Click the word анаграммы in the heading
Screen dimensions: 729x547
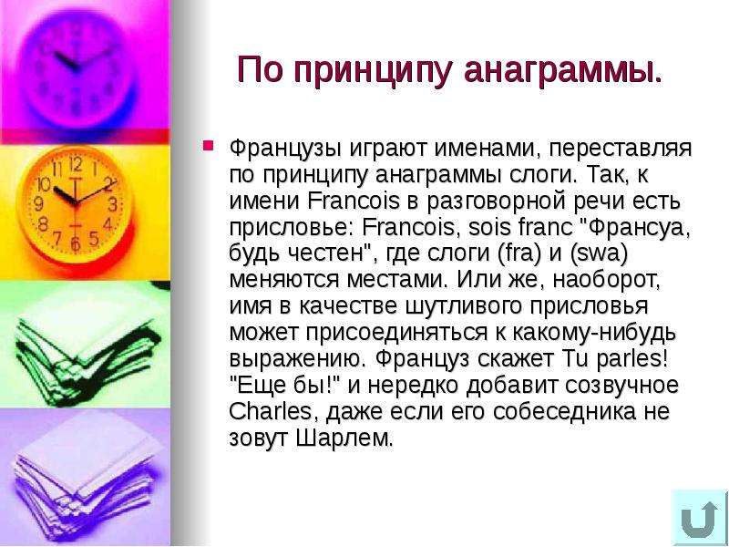tap(562, 70)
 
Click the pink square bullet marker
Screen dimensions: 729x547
tap(208, 146)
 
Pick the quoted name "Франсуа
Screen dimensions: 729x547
tap(635, 228)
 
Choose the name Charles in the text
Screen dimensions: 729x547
tap(270, 411)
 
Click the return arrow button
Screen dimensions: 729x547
tap(699, 517)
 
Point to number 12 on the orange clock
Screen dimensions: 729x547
tap(76, 164)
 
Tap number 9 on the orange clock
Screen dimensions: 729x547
tap(39, 203)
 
